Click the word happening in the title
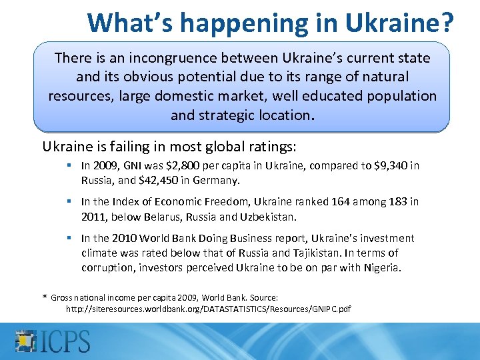click(x=244, y=23)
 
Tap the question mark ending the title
click(x=445, y=23)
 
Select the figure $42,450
click(x=147, y=179)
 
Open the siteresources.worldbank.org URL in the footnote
click(x=208, y=309)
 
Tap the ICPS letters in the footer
click(x=66, y=340)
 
